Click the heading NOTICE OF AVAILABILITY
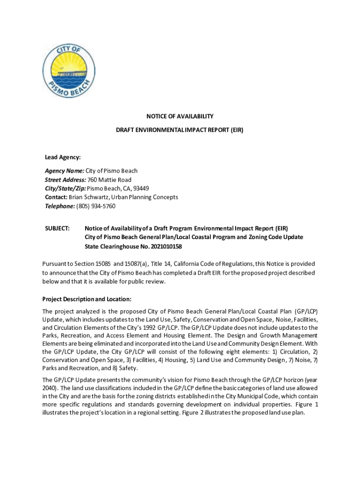tap(180, 116)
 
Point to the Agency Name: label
tap(65, 171)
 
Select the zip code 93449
tap(141, 189)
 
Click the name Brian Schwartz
tap(87, 197)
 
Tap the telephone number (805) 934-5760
tap(96, 206)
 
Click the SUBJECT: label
tap(57, 228)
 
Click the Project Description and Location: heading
tap(87, 299)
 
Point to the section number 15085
tap(100, 264)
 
